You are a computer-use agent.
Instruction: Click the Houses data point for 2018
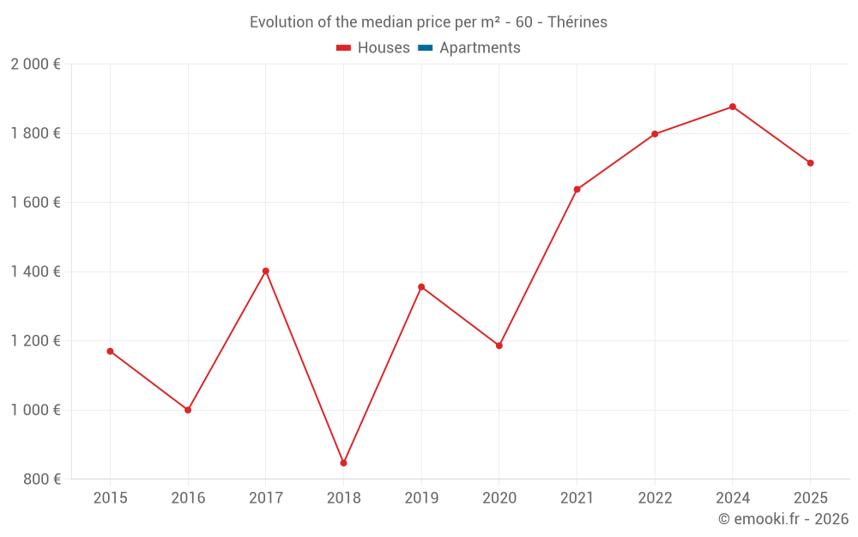click(x=343, y=463)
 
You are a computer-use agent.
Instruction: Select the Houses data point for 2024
click(x=732, y=107)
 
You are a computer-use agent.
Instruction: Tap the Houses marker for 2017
click(x=266, y=271)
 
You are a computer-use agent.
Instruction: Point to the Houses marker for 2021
click(x=577, y=189)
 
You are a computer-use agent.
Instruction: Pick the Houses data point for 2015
click(x=110, y=351)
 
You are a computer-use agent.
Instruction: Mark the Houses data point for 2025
click(x=810, y=163)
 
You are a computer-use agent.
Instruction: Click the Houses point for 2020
click(x=499, y=345)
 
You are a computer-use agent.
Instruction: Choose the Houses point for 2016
click(x=188, y=410)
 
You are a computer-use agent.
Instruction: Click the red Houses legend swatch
click(x=343, y=48)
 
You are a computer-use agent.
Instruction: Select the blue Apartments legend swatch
click(x=426, y=48)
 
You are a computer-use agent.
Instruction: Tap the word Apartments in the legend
click(x=480, y=48)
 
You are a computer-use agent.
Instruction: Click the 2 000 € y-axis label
click(x=35, y=64)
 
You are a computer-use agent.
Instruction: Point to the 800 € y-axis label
click(x=41, y=479)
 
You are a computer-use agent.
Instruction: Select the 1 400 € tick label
click(x=35, y=272)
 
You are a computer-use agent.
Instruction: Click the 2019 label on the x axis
click(x=421, y=498)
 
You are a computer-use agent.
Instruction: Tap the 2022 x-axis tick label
click(x=655, y=498)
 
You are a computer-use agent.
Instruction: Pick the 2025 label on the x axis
click(x=810, y=498)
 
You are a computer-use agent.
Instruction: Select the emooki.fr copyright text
click(x=783, y=519)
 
